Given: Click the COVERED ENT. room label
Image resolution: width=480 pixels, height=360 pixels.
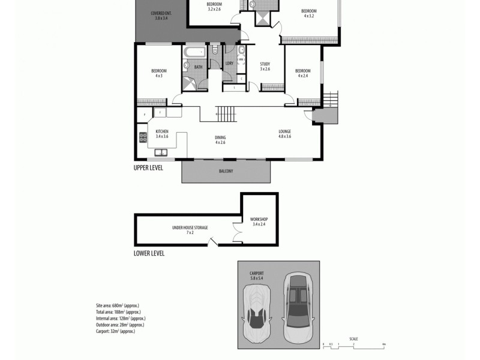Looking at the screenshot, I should point(161,16).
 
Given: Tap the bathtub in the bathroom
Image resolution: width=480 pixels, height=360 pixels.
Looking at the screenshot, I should point(193,52).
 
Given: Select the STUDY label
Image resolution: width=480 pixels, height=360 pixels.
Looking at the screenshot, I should point(265,66).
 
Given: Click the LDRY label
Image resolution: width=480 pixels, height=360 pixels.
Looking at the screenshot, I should point(229,64).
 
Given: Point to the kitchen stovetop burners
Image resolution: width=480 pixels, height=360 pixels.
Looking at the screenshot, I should point(143,137).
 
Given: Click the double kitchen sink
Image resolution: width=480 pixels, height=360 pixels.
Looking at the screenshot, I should point(161,152).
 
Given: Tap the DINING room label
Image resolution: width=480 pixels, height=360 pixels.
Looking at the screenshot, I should point(220,140).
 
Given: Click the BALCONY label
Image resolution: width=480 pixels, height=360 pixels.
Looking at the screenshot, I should point(226,171).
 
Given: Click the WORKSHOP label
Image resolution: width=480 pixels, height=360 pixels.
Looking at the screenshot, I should point(259,221).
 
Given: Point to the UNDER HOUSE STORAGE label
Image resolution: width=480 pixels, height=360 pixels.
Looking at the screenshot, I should point(190,229).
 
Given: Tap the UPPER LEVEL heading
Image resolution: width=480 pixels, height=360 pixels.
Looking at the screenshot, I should point(148,168).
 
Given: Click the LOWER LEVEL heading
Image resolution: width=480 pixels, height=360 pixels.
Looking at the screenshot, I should point(149,253).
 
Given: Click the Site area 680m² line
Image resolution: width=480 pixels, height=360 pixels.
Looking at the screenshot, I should point(118,305).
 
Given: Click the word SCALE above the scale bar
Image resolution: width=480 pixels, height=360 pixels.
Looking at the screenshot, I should point(353,339).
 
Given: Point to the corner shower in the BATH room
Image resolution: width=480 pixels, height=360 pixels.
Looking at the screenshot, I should point(190,83).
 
